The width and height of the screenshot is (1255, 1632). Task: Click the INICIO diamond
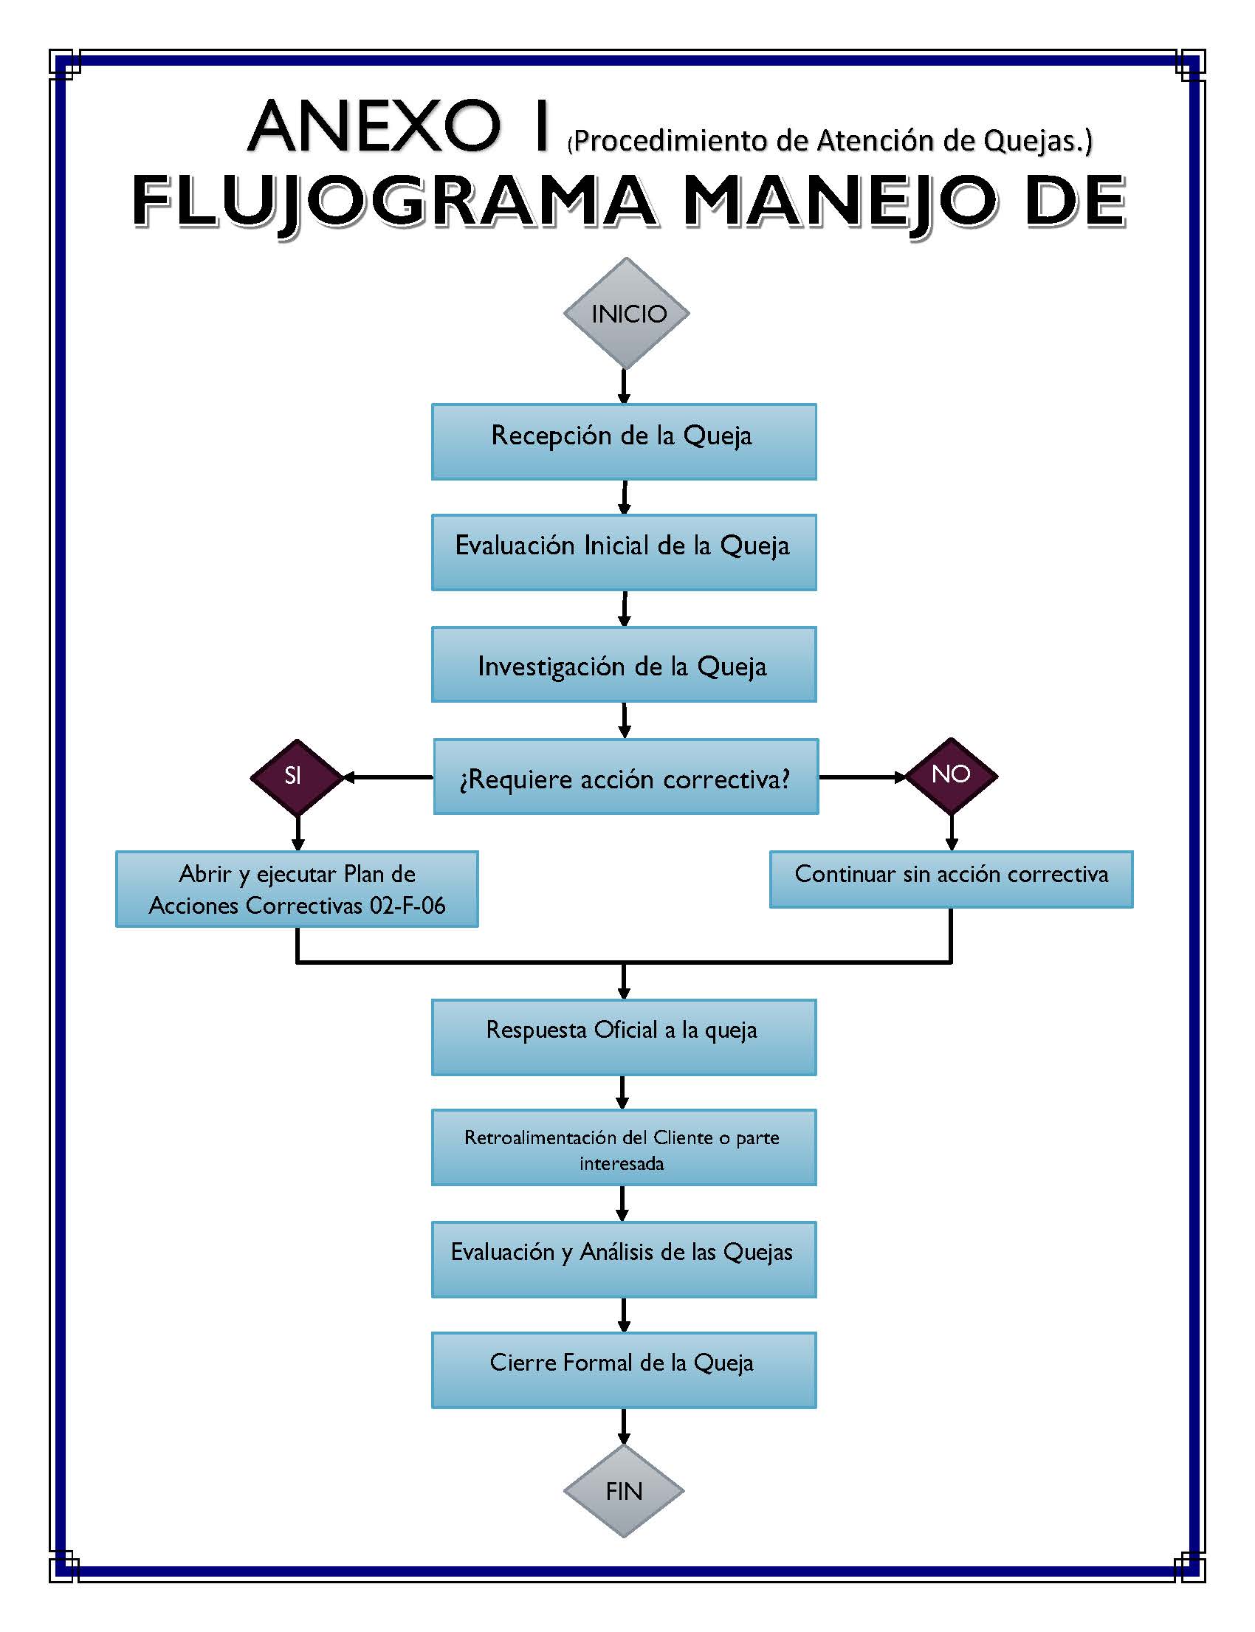click(x=626, y=313)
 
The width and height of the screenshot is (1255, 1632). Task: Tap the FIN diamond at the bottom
click(x=624, y=1491)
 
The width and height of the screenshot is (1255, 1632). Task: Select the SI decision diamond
click(x=297, y=776)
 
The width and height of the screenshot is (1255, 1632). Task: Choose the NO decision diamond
click(x=951, y=774)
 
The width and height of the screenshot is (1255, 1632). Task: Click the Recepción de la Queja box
click(x=624, y=441)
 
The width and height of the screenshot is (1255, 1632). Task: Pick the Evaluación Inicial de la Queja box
click(x=624, y=552)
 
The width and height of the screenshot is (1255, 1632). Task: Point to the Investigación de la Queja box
click(x=624, y=665)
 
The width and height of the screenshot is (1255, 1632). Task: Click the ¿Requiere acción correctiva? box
click(x=626, y=777)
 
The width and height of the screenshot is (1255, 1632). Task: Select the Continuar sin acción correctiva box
click(x=951, y=879)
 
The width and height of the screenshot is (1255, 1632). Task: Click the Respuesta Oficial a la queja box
click(x=624, y=1037)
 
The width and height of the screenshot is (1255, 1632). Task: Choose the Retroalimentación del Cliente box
click(x=624, y=1147)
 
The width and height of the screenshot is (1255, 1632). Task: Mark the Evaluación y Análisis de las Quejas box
click(x=624, y=1259)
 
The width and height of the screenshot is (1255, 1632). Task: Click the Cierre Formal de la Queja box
click(x=624, y=1370)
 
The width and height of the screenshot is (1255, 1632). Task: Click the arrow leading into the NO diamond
click(x=863, y=777)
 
